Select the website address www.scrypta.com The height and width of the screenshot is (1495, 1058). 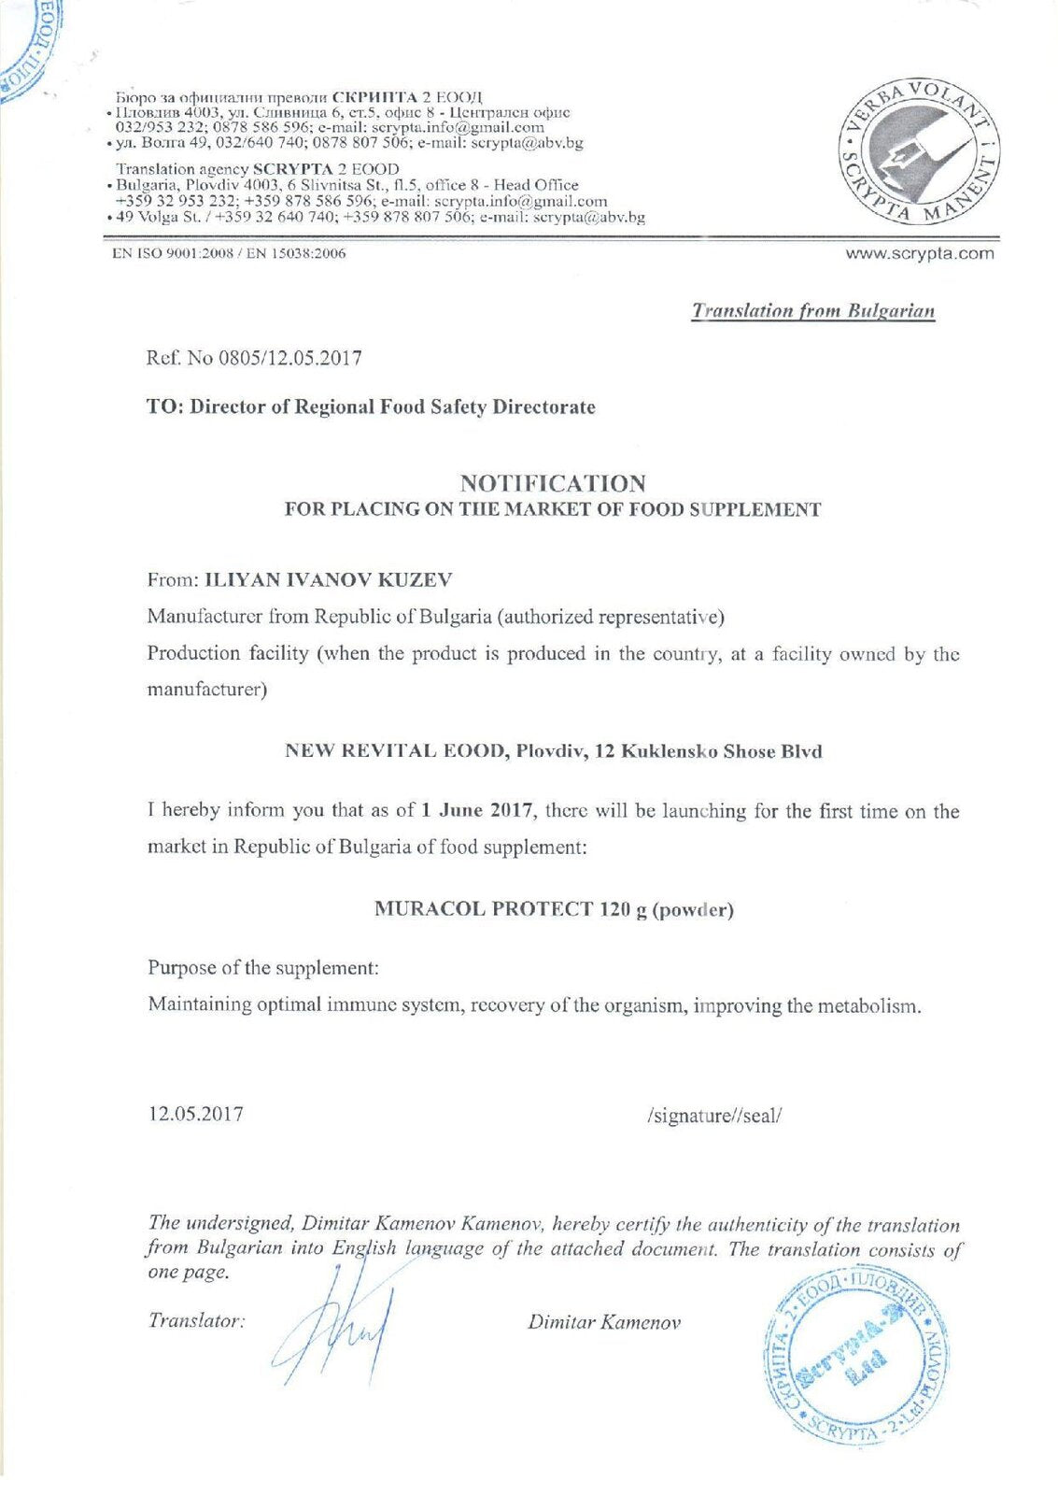point(920,253)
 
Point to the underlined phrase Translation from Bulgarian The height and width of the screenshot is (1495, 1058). point(812,311)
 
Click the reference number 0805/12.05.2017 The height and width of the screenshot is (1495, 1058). point(289,358)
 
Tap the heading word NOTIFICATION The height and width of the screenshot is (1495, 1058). point(552,483)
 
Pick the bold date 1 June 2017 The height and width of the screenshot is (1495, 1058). point(476,811)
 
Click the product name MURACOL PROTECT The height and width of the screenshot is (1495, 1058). point(483,909)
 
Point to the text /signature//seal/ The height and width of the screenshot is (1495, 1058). point(713,1115)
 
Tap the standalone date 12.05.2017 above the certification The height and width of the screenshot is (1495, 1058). point(195,1114)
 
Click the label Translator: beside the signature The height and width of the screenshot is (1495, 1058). point(196,1321)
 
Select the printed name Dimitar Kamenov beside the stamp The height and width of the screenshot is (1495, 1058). point(604,1322)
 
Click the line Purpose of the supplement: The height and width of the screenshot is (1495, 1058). point(262,967)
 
